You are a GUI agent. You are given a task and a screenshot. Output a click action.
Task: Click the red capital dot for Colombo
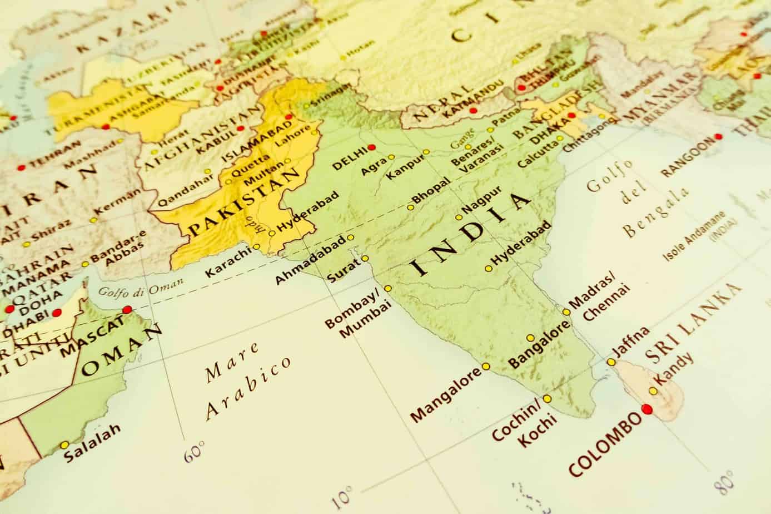(646, 409)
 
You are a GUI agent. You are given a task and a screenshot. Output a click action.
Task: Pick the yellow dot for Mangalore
(486, 366)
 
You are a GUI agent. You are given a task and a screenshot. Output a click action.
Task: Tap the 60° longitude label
(194, 451)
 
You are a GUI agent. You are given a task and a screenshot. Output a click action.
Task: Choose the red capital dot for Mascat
(127, 309)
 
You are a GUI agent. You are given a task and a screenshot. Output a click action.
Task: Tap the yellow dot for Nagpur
(459, 218)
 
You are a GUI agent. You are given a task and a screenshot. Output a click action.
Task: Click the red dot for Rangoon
(719, 136)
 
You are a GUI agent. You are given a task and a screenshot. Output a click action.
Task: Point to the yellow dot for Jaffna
(611, 362)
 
